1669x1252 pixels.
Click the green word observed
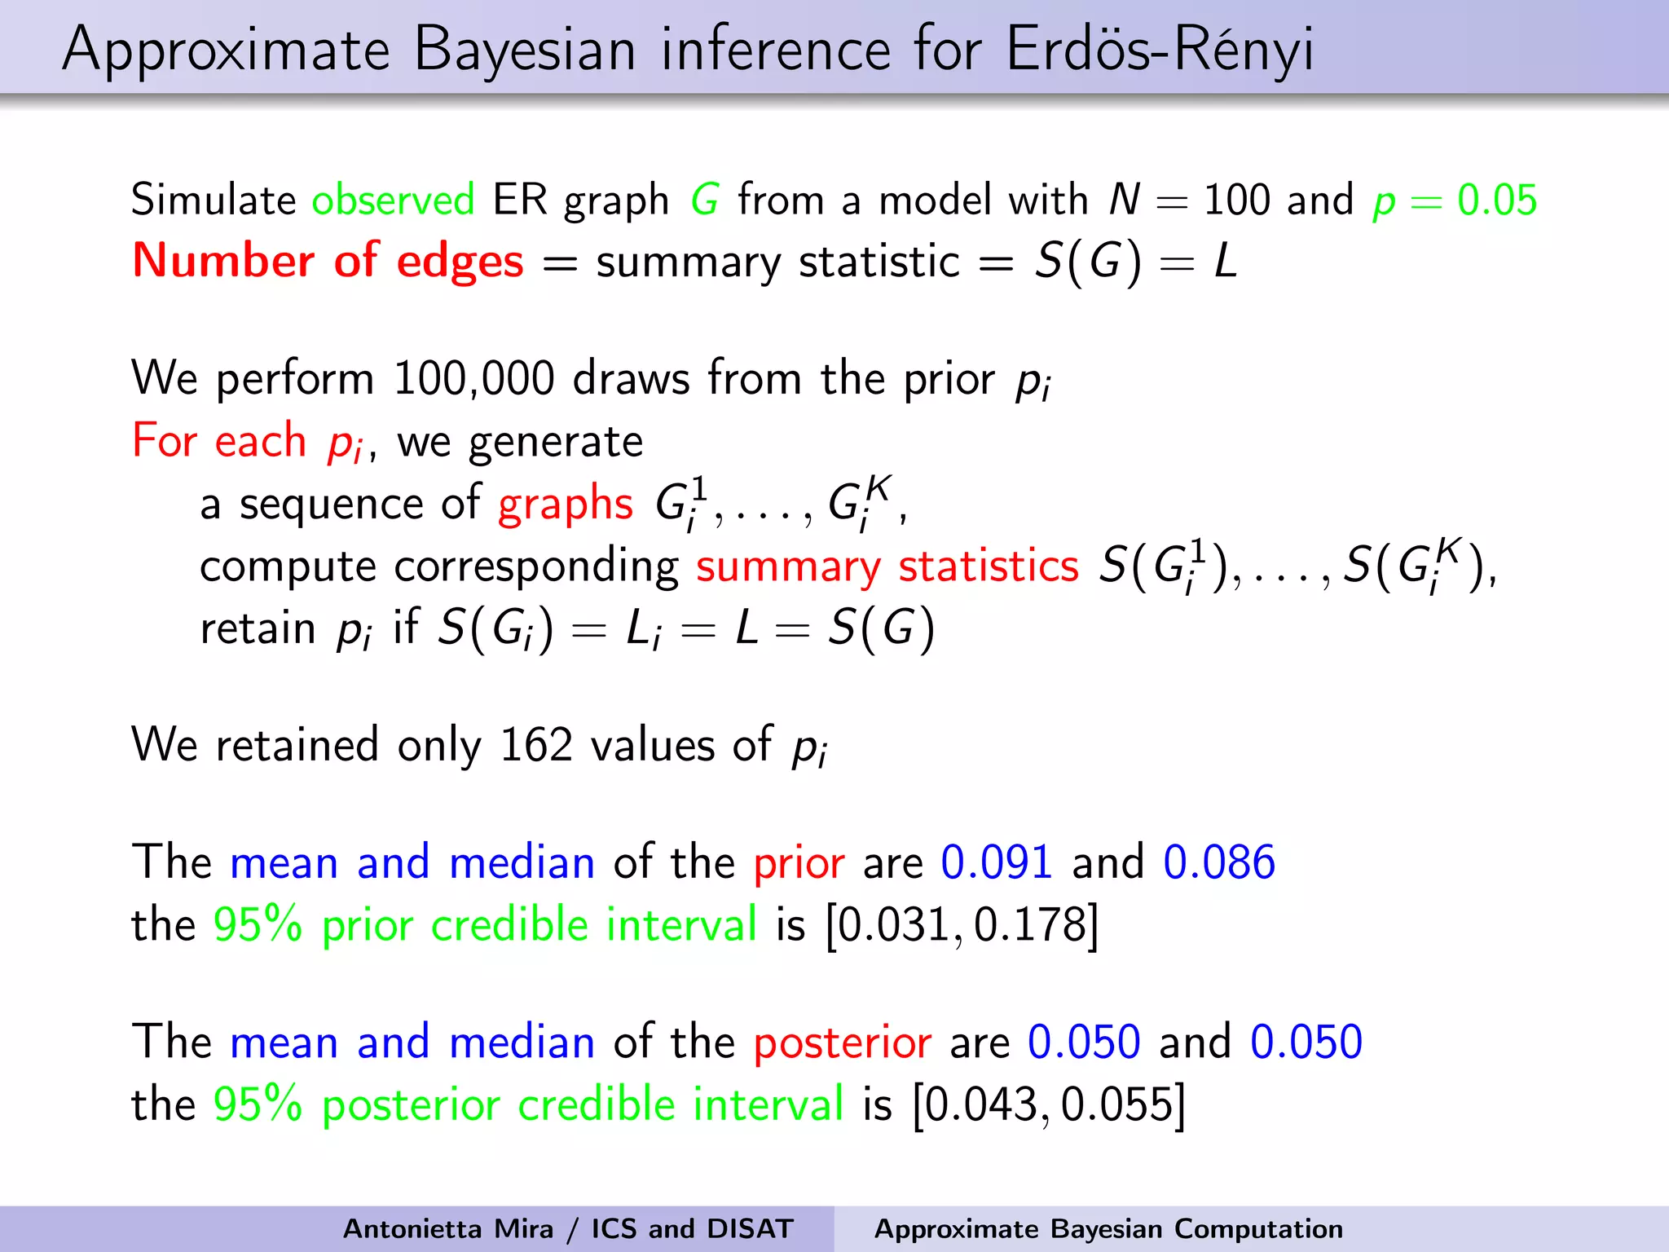[393, 201]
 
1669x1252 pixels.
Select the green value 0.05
[1496, 201]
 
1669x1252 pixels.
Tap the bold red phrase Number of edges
[328, 262]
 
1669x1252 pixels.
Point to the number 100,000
[473, 379]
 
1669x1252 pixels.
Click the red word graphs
[565, 504]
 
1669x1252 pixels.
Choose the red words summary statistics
[887, 566]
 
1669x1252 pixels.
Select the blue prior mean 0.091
[996, 862]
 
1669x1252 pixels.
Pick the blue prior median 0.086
[1218, 862]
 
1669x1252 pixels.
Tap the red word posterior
[842, 1043]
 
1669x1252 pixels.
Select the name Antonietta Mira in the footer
[447, 1229]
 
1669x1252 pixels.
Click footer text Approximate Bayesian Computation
[1108, 1229]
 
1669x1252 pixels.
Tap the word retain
[258, 629]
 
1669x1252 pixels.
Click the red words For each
[218, 442]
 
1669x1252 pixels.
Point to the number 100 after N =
[1236, 201]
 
